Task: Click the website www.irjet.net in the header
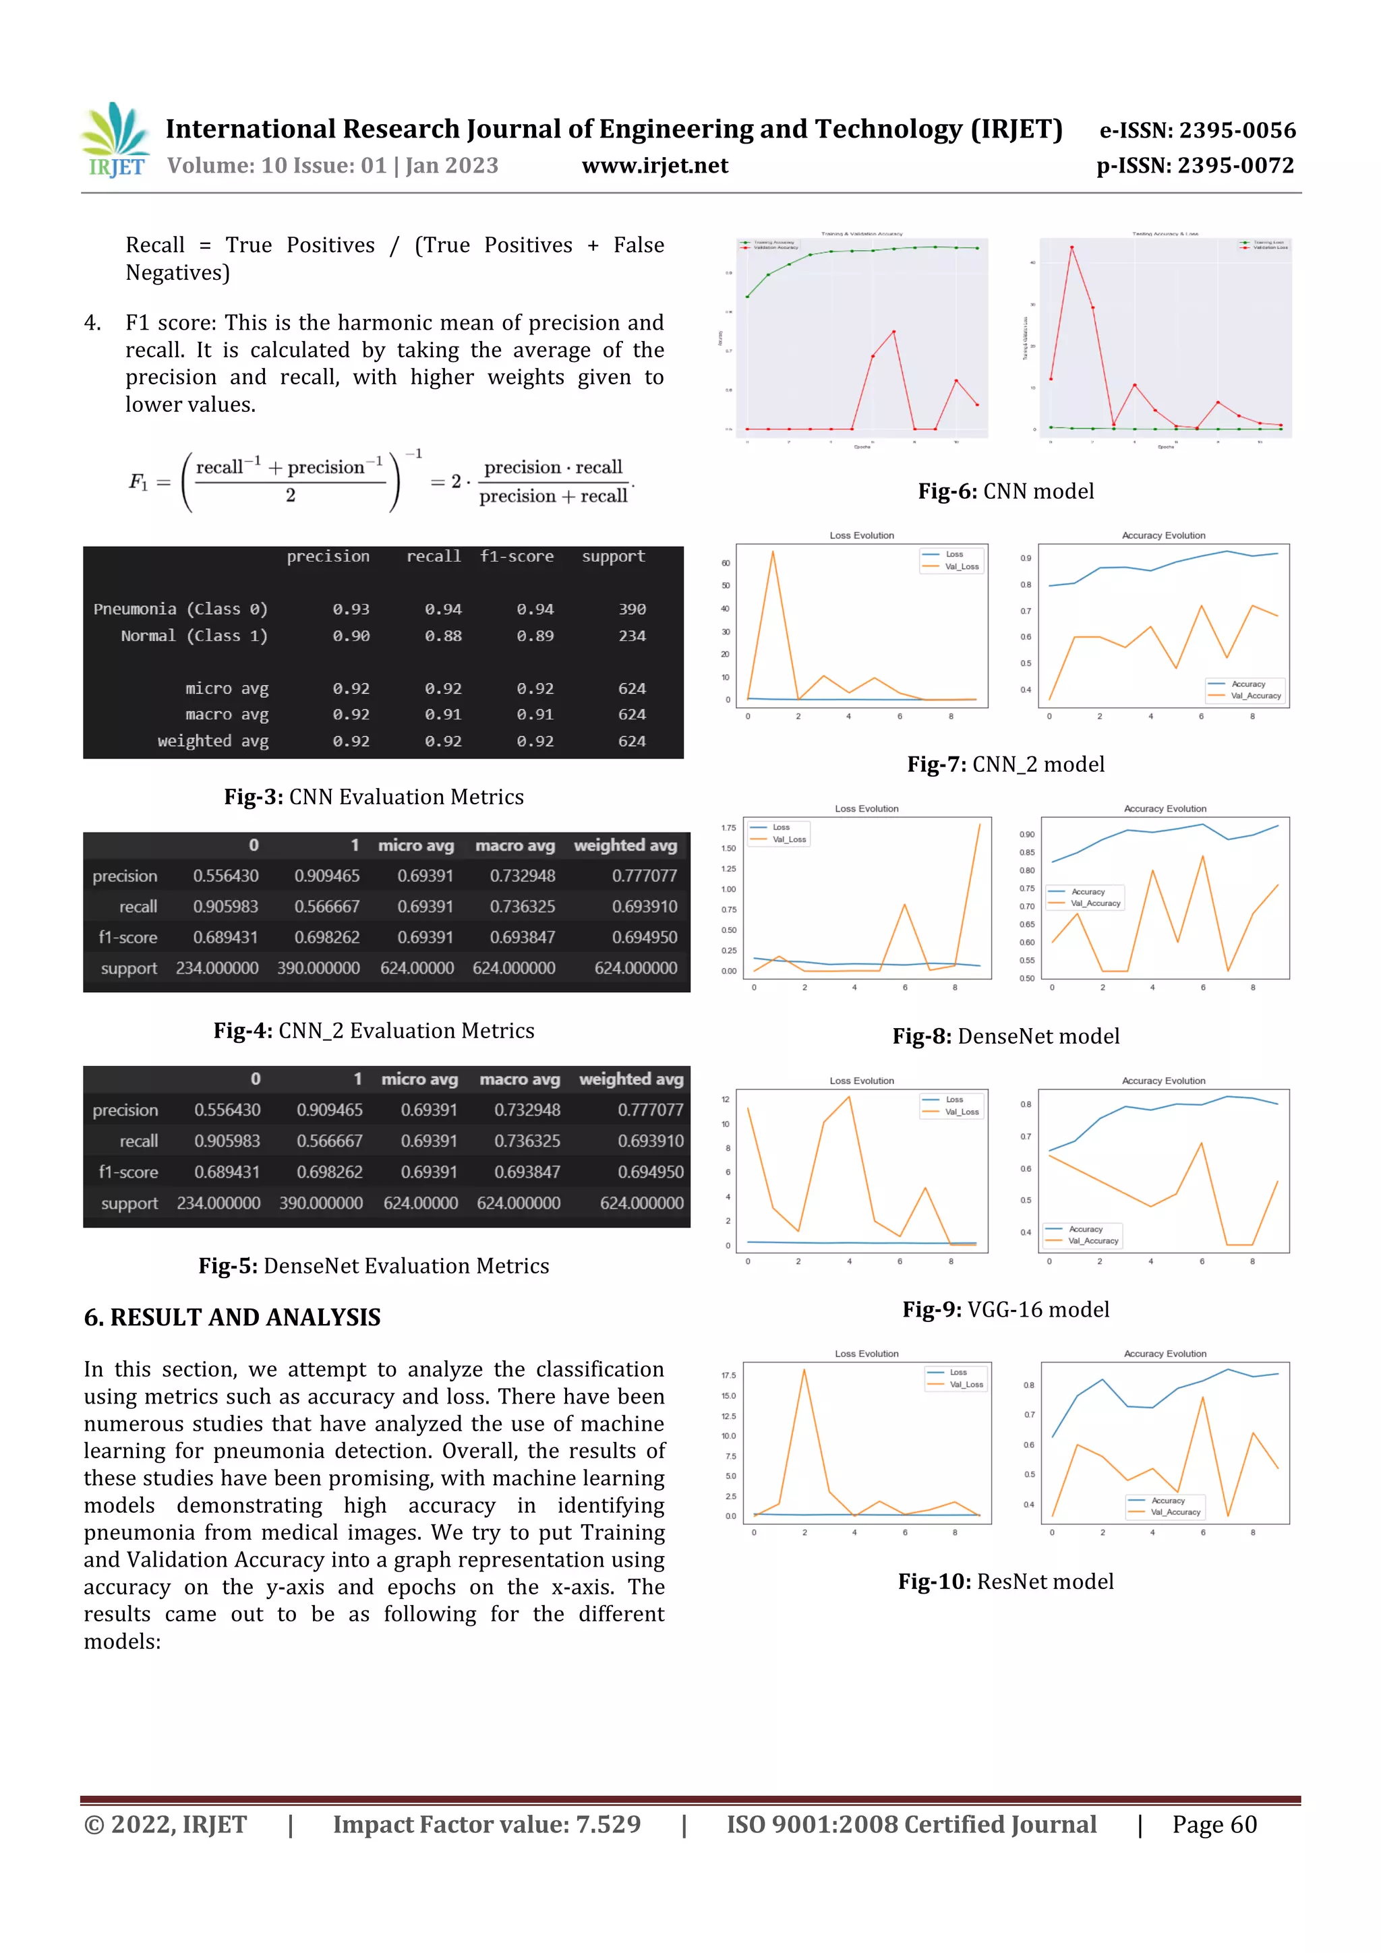click(x=654, y=166)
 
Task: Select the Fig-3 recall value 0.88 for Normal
click(x=442, y=636)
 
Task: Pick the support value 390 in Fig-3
click(x=631, y=609)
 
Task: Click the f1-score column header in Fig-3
click(x=516, y=556)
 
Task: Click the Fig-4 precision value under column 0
click(x=225, y=876)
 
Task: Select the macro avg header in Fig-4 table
click(x=515, y=845)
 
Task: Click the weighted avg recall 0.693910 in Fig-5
click(x=650, y=1141)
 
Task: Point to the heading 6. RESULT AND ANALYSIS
click(x=232, y=1317)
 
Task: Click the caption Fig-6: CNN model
click(x=1006, y=491)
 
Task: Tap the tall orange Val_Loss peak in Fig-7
click(x=773, y=553)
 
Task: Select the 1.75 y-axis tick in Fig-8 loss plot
click(x=728, y=828)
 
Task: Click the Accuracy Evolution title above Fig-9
click(x=1163, y=1081)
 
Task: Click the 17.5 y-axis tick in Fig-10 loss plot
click(x=728, y=1375)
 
